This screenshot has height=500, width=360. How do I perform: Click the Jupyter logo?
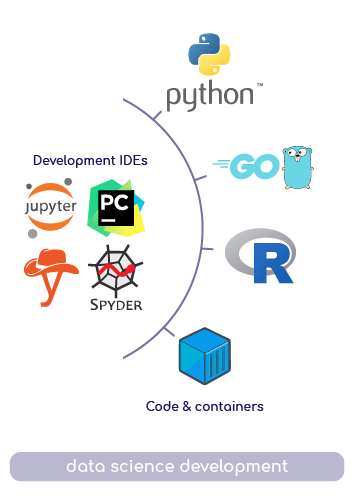(x=50, y=208)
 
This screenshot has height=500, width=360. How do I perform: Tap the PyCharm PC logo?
(x=115, y=208)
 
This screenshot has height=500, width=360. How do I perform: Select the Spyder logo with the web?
(x=115, y=276)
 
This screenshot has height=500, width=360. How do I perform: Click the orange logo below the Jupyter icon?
(x=50, y=275)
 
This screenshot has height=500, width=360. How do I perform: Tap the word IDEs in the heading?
(x=128, y=160)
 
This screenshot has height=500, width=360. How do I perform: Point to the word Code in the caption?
(x=162, y=407)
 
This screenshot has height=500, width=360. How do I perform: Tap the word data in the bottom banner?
(x=86, y=466)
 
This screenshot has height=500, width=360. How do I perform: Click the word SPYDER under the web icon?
(x=115, y=302)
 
